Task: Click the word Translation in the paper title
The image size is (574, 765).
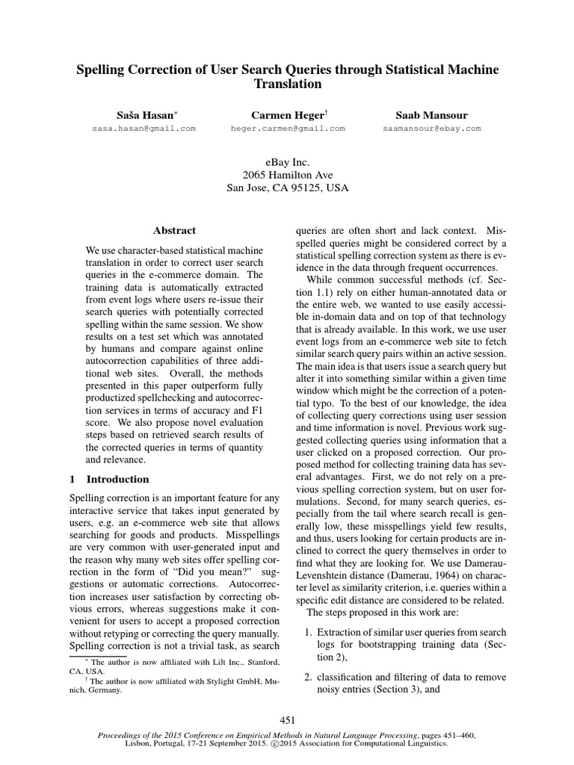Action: tap(288, 84)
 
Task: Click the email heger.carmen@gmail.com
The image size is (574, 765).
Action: tap(288, 128)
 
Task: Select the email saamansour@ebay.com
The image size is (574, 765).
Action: tap(431, 128)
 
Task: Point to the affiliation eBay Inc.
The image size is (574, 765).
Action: tap(288, 161)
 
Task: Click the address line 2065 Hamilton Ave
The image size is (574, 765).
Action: tap(288, 175)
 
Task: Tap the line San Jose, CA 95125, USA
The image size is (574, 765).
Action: tap(288, 188)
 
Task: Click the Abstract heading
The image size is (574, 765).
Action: tap(174, 231)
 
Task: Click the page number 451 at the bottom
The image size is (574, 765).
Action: tap(288, 720)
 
